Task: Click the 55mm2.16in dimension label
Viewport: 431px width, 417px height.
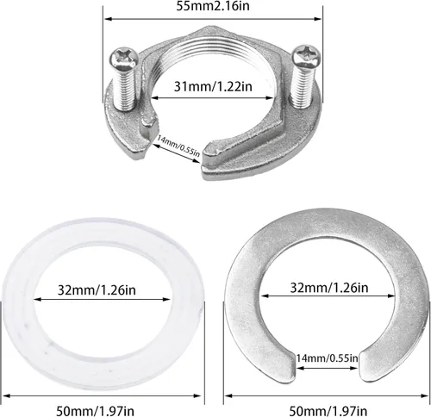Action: tap(213, 6)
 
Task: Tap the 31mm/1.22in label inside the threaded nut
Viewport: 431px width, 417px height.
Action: tap(213, 86)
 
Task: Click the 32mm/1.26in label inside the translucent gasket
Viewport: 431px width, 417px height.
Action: tap(97, 289)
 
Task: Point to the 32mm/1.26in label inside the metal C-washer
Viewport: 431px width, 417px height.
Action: tap(329, 287)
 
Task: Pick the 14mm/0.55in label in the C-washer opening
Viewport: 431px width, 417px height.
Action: tap(328, 358)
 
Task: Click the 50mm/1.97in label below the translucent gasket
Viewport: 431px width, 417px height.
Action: tap(95, 411)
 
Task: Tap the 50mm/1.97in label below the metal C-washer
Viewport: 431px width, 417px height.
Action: tap(328, 411)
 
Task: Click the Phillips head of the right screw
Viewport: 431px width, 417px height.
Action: tap(306, 56)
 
